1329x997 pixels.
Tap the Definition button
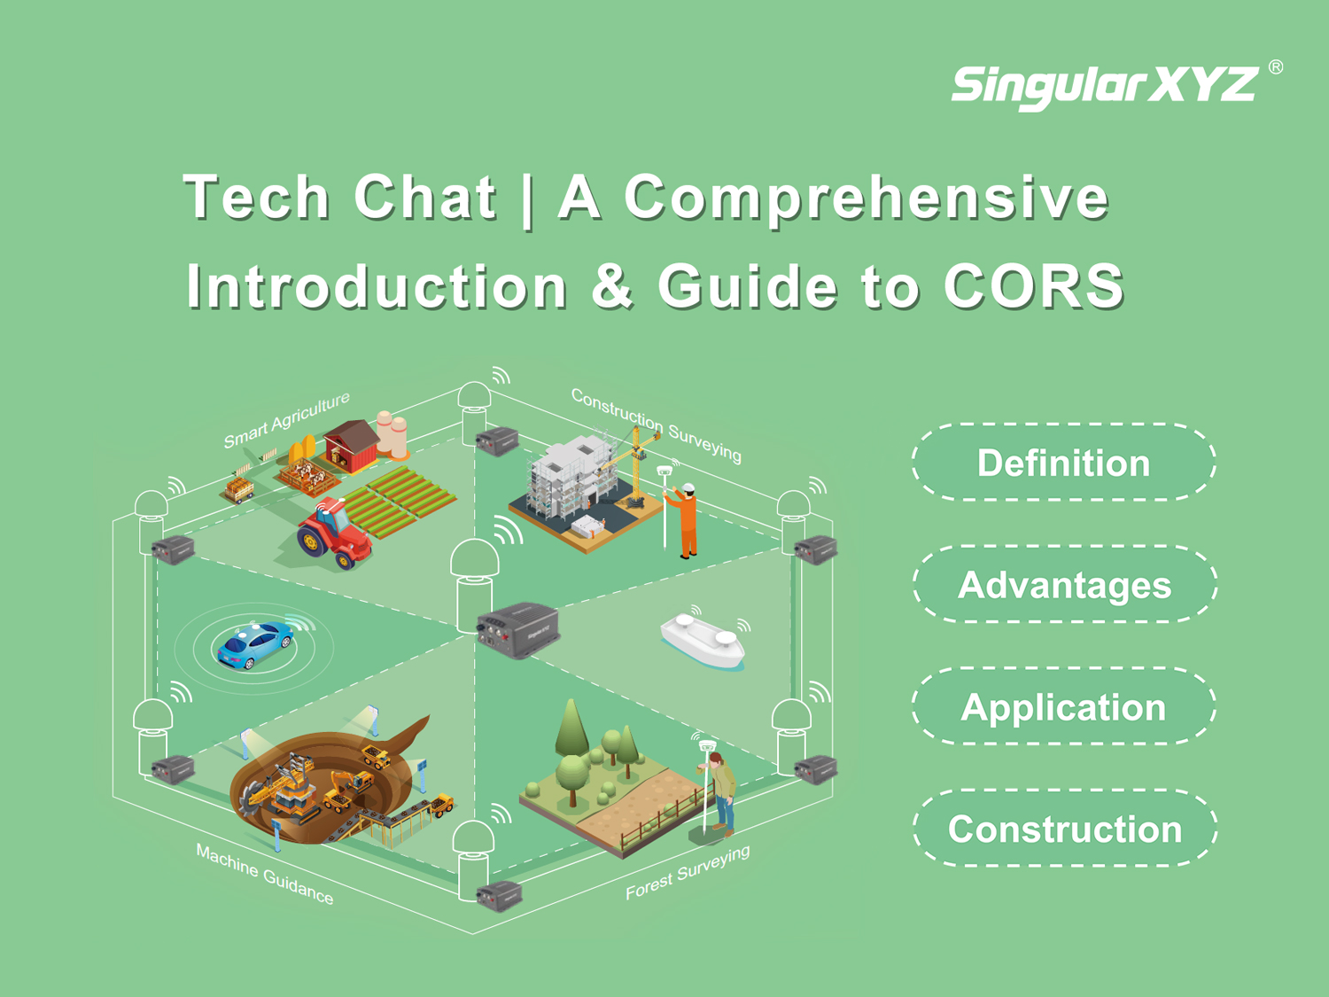coord(1064,463)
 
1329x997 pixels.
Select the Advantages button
coord(1065,585)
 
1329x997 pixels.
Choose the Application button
coord(1064,706)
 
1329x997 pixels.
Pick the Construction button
coord(1065,829)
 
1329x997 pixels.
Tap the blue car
coord(255,645)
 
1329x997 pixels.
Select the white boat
coord(703,641)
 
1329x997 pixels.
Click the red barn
coord(352,446)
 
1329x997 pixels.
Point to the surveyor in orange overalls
coord(685,520)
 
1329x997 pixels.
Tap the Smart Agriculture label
coord(286,419)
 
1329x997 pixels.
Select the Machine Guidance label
coord(265,874)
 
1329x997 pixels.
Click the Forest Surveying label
coord(688,872)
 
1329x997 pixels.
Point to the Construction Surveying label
coord(657,425)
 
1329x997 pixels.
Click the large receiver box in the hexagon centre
coord(517,629)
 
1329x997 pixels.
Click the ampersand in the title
coord(612,286)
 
